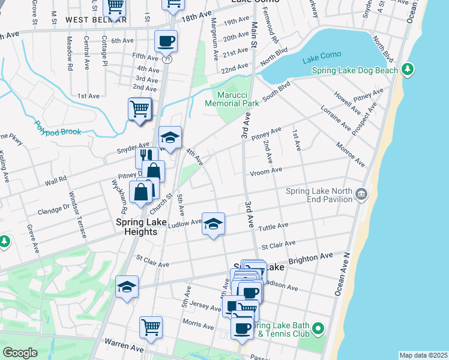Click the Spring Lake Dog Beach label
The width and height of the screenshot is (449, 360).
tap(355, 71)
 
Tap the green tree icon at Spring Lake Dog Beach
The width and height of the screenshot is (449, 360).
tap(408, 70)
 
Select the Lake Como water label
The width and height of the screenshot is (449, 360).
tap(322, 55)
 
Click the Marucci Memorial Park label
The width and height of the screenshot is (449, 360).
tap(232, 98)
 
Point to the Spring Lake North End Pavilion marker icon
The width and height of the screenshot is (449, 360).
tap(361, 194)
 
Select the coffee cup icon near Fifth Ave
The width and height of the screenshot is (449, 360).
tap(166, 41)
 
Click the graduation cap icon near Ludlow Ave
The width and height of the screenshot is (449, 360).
tap(213, 224)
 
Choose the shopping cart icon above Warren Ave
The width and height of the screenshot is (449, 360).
tap(151, 327)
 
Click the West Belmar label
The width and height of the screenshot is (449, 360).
tap(96, 19)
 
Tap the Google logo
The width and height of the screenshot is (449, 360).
tap(20, 353)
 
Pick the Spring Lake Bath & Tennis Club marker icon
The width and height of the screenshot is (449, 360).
tap(318, 329)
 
